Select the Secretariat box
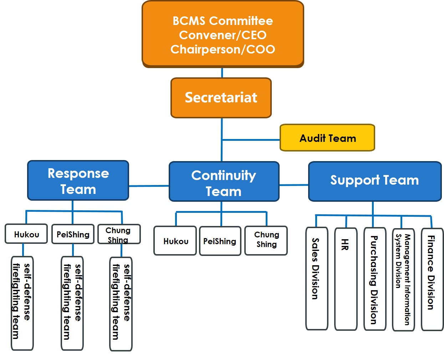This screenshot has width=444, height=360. coord(221,98)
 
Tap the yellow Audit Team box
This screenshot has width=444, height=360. coord(327,138)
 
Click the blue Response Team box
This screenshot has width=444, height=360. coord(78,181)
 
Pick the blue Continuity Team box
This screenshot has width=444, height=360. coord(224,182)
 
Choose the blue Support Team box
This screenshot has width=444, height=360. coord(374,181)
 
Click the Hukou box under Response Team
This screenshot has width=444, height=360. coord(26,234)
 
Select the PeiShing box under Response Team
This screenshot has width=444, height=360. coord(73,234)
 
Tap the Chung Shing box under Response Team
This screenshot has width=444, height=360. coord(119,234)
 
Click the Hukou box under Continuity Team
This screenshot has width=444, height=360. coord(175,241)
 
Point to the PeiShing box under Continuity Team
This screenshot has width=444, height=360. coord(220,241)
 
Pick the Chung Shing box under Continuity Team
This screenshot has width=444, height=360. coord(266,241)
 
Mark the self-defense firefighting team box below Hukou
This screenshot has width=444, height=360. coord(22,303)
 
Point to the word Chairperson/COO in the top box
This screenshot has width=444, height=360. coord(223,49)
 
